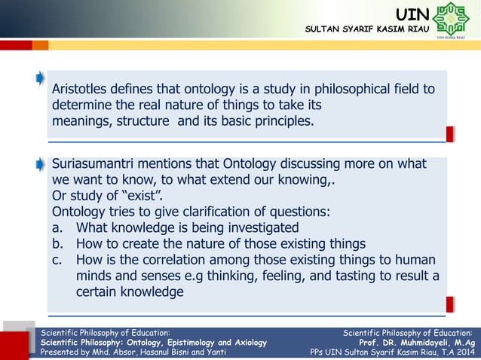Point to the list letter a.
click(56, 227)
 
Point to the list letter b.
click(56, 243)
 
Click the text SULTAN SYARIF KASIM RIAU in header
click(367, 29)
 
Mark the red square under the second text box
click(450, 304)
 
